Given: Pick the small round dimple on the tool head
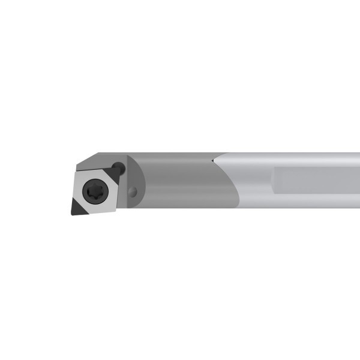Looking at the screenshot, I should tap(133, 192).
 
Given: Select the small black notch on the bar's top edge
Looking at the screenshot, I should tap(214, 161).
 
